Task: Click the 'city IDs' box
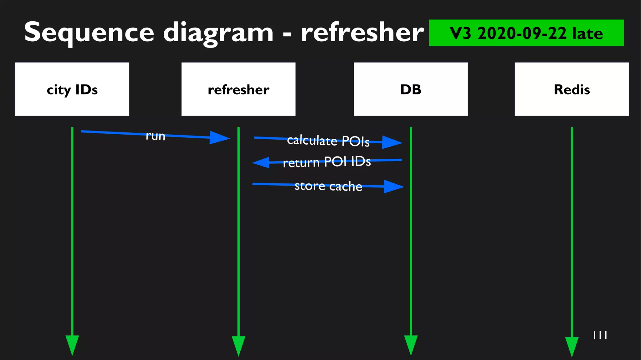[x=72, y=89]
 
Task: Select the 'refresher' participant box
[x=238, y=89]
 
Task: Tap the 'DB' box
[x=411, y=89]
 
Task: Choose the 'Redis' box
[x=572, y=89]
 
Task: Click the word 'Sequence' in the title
[x=89, y=33]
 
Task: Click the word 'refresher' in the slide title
[x=362, y=33]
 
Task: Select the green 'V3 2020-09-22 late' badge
[x=526, y=33]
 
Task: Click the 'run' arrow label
[x=156, y=136]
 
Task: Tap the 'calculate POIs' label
[x=328, y=141]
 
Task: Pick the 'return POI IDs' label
[x=327, y=162]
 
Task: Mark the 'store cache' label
[x=328, y=186]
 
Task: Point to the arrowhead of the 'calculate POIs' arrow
[x=392, y=142]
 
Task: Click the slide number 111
[x=600, y=335]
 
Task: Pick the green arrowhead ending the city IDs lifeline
[x=72, y=345]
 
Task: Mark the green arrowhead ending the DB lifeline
[x=411, y=345]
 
